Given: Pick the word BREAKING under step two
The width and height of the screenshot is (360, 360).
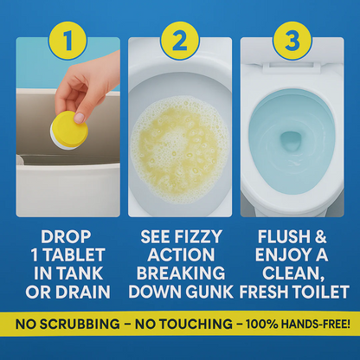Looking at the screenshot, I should (x=180, y=273).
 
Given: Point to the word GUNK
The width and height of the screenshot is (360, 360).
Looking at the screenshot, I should (x=208, y=292).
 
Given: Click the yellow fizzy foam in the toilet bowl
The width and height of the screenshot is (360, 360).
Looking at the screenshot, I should (x=180, y=138).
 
